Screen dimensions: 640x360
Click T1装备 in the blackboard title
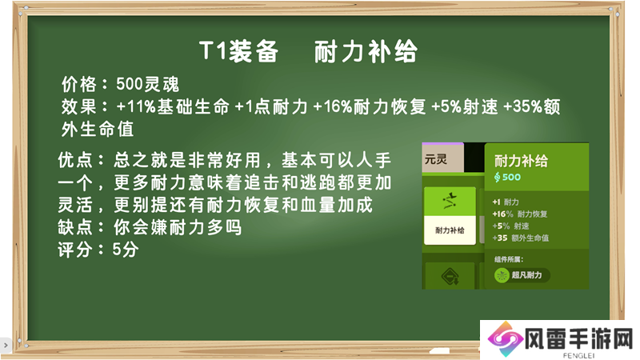238,52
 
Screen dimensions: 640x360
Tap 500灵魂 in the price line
147,85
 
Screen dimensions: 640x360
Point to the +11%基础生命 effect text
173,107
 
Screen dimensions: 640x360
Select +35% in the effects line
522,107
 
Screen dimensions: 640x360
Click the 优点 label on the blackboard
75,160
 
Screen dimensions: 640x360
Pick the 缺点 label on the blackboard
75,227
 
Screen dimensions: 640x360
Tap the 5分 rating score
126,250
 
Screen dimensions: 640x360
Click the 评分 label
75,250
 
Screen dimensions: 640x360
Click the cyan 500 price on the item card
511,177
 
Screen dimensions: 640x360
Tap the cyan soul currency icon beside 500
497,177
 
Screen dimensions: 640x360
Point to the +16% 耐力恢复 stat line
519,214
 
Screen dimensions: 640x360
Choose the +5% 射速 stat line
510,226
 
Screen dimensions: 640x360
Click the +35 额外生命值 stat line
521,238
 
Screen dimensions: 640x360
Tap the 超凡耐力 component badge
522,275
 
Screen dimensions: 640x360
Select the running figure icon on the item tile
450,201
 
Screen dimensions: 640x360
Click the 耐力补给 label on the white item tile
450,230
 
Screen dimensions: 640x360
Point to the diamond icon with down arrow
450,277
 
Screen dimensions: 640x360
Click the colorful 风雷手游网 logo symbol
506,339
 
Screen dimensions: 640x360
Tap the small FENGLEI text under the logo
578,355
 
